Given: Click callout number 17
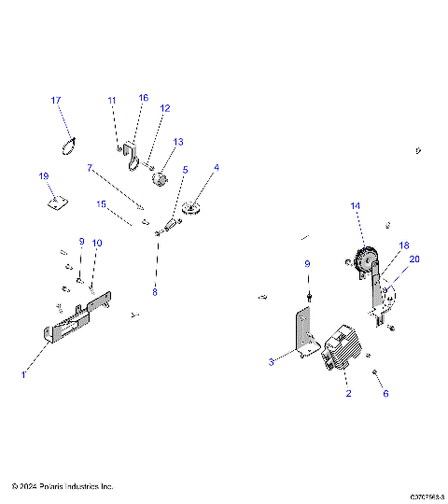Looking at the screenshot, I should coord(56,100).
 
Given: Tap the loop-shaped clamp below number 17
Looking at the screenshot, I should coord(66,145).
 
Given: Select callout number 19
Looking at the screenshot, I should coord(43,176).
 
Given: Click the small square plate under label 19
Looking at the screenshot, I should coord(56,200).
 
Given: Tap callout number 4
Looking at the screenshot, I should coord(217,168).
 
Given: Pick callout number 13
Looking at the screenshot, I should coord(177,142).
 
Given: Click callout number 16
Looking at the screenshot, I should coord(144,98).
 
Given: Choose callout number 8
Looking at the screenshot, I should coord(155,292).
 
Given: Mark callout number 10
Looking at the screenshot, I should coord(97,243).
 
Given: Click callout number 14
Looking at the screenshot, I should coord(355,204).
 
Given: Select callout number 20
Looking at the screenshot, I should coord(414,259).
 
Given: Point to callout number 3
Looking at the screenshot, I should coord(272,360).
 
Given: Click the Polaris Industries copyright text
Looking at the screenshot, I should coord(63,487).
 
